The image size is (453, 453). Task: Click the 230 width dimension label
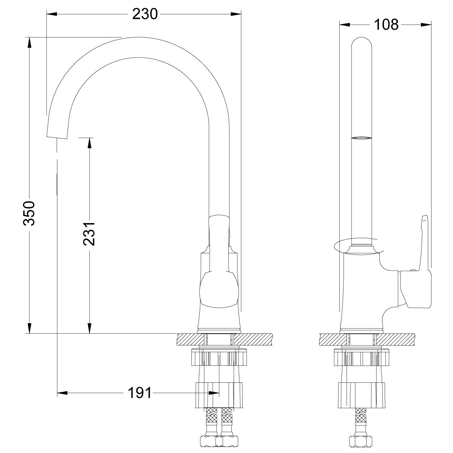[145, 14]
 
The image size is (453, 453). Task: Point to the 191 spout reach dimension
[138, 393]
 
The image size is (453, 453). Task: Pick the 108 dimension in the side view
[386, 25]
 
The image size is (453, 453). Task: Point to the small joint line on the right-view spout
[362, 139]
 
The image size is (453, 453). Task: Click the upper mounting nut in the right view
[362, 357]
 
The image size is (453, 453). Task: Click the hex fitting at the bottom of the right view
[362, 441]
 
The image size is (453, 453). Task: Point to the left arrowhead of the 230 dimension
[51, 14]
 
